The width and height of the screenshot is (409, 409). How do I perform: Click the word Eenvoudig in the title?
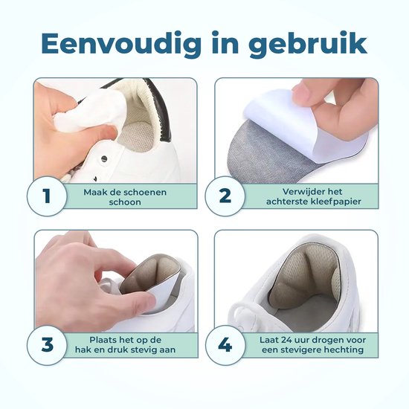coord(121,44)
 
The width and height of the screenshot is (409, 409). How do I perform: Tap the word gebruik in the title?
coord(309,44)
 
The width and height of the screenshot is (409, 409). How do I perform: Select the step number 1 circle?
coord(47,196)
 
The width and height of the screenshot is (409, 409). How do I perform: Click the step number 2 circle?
coord(225,196)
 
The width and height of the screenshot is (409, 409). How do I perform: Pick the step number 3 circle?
coord(47,345)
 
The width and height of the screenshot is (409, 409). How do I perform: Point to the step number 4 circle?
coord(225,345)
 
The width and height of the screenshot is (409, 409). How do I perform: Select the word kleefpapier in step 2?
coord(336,202)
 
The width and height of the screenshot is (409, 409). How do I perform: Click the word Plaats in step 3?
coord(103,340)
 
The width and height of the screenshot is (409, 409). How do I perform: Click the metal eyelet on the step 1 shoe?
coord(104,158)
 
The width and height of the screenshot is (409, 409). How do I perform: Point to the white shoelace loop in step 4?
coord(241,315)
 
